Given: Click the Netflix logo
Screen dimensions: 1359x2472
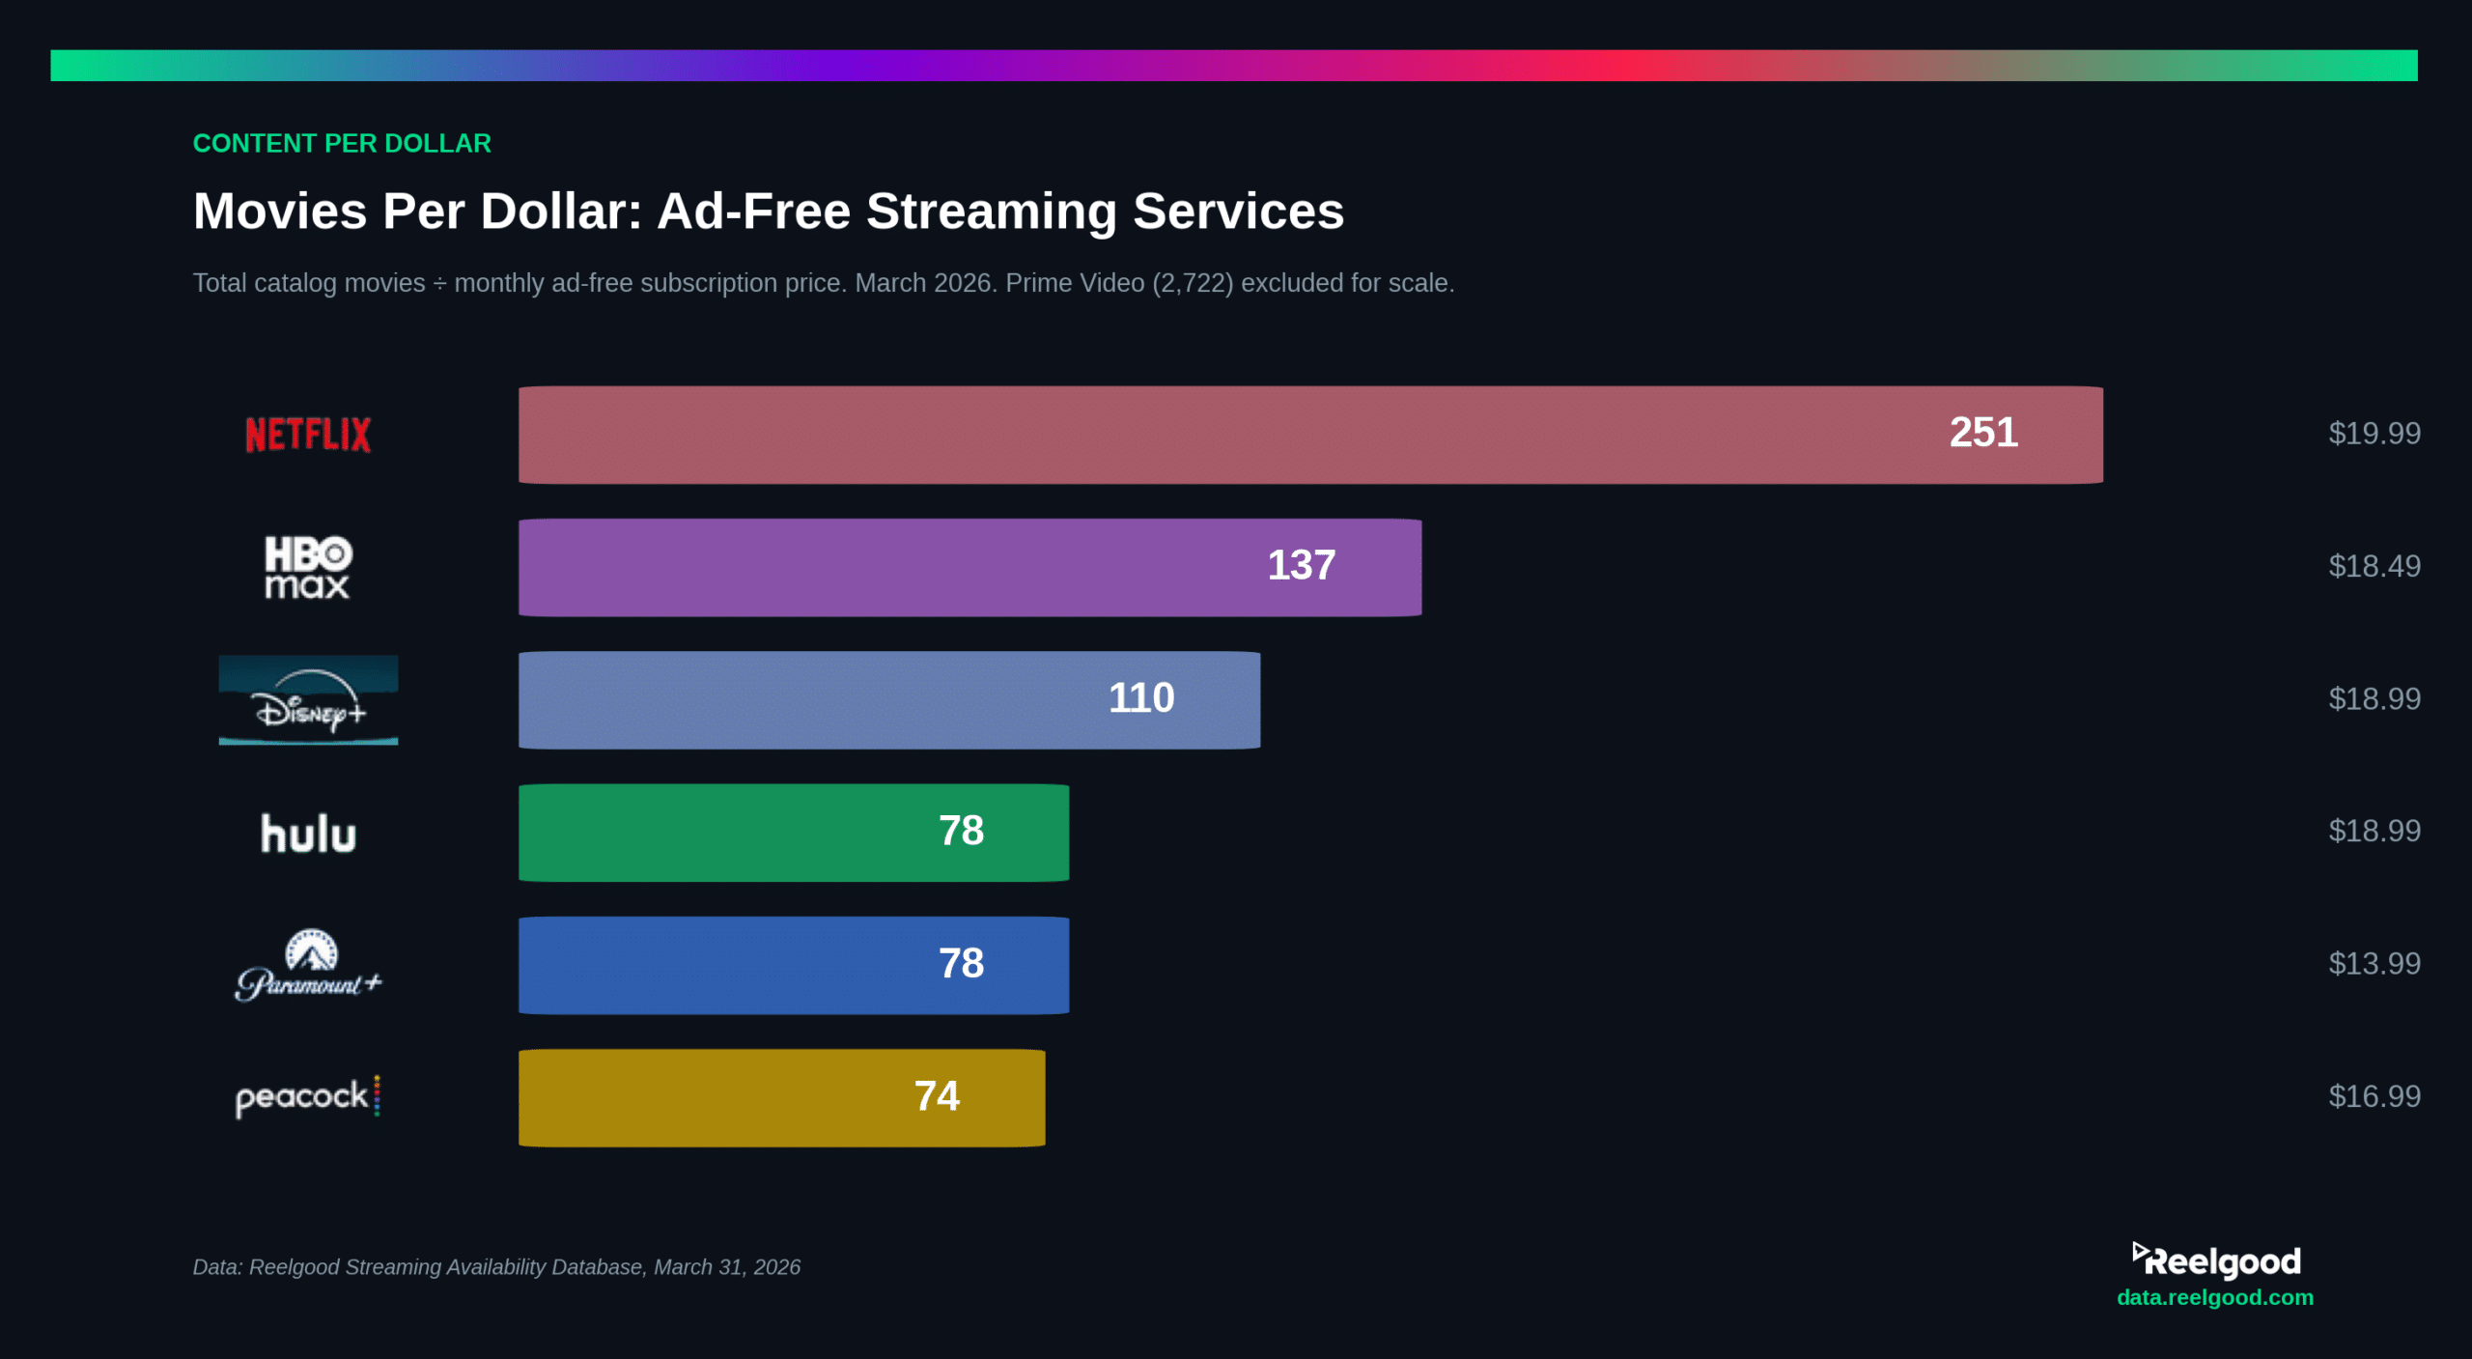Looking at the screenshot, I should (308, 435).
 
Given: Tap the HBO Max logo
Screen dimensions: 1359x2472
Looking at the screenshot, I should (308, 568).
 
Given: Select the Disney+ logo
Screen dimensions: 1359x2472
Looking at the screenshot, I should (308, 700).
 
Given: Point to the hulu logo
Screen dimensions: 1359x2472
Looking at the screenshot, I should (308, 834).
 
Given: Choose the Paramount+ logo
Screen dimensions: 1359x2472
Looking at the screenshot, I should (308, 966).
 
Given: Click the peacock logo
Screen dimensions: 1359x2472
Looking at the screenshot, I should (308, 1097).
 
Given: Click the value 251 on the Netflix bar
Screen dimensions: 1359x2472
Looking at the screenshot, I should (1983, 433).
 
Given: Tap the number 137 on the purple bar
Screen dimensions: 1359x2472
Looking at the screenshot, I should (1301, 566).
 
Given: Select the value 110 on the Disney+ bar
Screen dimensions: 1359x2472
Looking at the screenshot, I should (1140, 698).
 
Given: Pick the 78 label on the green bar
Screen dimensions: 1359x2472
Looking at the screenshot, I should (961, 831).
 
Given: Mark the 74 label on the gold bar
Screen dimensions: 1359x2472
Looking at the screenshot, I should (937, 1096).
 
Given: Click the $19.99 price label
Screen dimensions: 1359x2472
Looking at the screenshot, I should (2374, 433).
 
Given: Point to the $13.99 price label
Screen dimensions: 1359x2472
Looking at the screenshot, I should (2374, 963).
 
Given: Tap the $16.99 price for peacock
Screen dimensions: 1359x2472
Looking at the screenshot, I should (2374, 1096).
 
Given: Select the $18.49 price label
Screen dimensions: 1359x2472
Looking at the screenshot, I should (2374, 566).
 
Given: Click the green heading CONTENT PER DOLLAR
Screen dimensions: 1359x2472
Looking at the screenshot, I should (342, 143).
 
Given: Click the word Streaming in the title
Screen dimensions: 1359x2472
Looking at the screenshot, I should (991, 211).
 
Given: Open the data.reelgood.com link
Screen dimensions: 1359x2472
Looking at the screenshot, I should (2214, 1297).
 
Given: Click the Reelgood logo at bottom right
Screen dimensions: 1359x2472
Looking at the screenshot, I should (2216, 1260).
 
